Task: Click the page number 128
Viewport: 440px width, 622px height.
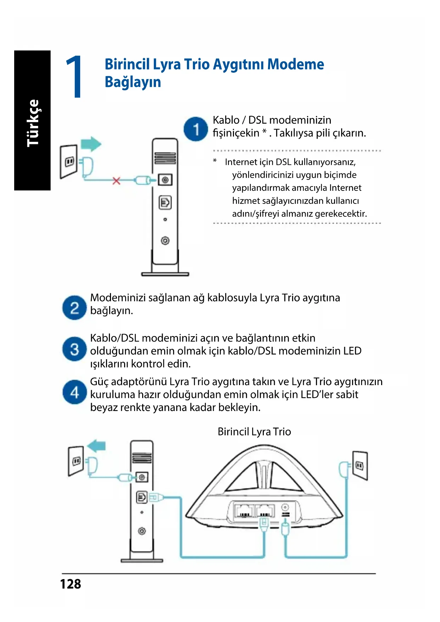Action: [x=70, y=584]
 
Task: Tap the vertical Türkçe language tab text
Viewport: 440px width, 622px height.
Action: [x=33, y=123]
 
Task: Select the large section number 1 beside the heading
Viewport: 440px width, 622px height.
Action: [x=74, y=77]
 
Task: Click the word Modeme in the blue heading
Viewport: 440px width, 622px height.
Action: [x=295, y=65]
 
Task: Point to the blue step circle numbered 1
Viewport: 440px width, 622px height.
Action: [x=195, y=129]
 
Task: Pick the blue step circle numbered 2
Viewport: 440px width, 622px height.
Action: [x=74, y=308]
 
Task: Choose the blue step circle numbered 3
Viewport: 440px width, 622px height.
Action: [x=74, y=349]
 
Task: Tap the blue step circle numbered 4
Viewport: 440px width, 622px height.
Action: [x=74, y=392]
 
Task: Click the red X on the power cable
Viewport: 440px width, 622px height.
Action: [x=116, y=181]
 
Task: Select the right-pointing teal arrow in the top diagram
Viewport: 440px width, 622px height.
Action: [x=91, y=144]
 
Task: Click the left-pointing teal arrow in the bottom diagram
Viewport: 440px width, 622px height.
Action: [x=96, y=446]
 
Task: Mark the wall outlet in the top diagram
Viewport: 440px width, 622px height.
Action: [x=69, y=162]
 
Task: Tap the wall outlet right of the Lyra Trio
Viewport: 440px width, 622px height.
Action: [x=360, y=465]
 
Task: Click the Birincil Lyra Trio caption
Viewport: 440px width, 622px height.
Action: [x=254, y=432]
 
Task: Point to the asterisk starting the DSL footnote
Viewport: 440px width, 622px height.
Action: [x=215, y=161]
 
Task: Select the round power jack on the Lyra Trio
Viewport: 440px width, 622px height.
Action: [x=285, y=507]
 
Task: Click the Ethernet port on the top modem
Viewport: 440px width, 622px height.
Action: [x=165, y=202]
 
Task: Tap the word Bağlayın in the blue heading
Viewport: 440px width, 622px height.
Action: [x=133, y=82]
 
